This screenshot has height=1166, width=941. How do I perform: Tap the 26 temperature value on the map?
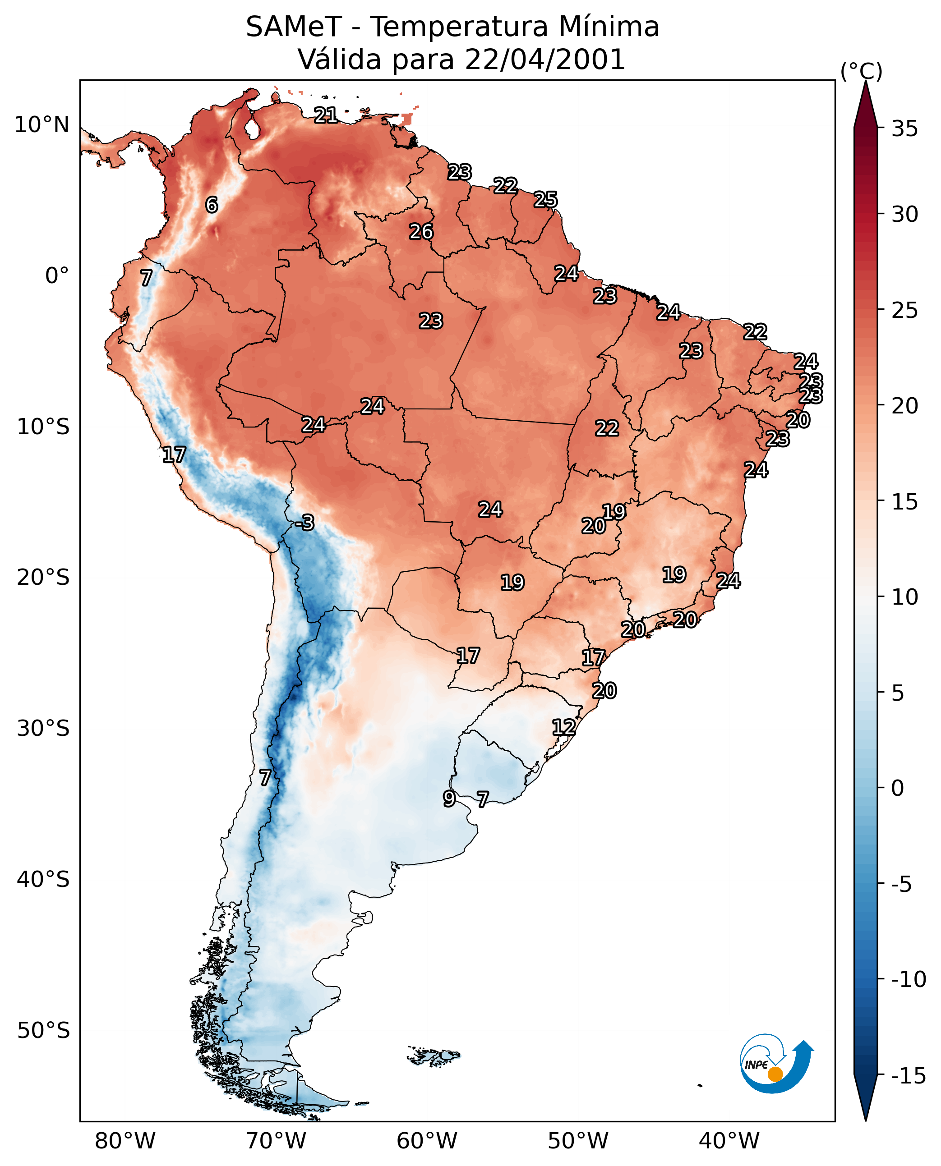click(421, 231)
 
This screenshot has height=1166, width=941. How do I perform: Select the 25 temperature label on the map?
click(545, 199)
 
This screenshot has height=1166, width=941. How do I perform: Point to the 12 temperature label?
click(564, 727)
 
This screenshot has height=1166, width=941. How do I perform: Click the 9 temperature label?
click(449, 799)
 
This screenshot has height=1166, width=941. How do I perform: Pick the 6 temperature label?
click(212, 205)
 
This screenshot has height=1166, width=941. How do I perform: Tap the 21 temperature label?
click(326, 115)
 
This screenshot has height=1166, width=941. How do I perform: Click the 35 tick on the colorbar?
click(904, 129)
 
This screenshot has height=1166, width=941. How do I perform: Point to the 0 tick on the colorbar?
click(898, 788)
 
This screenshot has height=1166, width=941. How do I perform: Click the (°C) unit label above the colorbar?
click(861, 71)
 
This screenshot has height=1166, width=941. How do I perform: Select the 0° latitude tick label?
click(57, 276)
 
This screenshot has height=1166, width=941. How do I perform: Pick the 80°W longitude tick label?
click(125, 1142)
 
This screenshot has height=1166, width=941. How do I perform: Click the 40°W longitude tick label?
click(729, 1142)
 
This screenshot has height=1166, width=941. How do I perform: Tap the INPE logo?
click(776, 1064)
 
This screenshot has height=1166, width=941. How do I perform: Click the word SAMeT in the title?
click(294, 27)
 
